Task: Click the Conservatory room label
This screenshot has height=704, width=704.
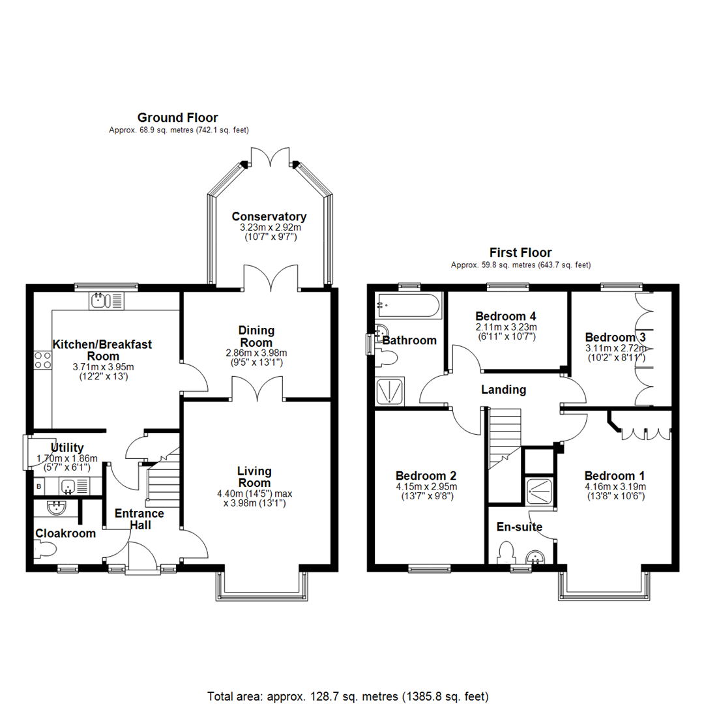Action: (x=269, y=216)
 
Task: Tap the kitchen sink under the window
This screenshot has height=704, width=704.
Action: (x=106, y=300)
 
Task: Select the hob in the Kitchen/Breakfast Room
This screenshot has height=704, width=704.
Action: (x=43, y=360)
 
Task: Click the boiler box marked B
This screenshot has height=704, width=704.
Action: (x=39, y=486)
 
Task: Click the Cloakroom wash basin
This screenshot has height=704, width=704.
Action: (x=55, y=508)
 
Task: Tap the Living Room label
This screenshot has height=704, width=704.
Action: (x=254, y=477)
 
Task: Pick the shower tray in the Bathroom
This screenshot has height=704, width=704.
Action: (x=390, y=391)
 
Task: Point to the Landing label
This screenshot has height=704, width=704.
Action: (x=503, y=390)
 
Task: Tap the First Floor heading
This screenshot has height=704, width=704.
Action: (x=520, y=252)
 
